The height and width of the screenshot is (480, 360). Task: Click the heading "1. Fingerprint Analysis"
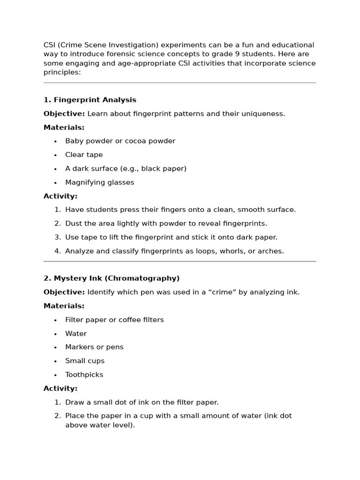click(90, 100)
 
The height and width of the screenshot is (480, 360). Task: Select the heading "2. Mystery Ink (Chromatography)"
click(111, 278)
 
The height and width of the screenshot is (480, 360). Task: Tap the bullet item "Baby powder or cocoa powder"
click(120, 141)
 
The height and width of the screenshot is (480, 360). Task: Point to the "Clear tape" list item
click(84, 155)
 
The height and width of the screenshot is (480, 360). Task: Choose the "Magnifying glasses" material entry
click(99, 182)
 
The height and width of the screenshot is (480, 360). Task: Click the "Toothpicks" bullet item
click(84, 375)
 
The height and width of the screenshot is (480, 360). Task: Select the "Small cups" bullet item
click(85, 361)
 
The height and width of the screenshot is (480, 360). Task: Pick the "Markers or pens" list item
click(94, 347)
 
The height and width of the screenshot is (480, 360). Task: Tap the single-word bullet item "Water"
click(76, 334)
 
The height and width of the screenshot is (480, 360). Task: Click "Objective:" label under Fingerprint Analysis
click(64, 114)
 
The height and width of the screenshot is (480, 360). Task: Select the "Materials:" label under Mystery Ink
click(64, 306)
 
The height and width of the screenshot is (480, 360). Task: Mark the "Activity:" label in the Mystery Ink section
click(60, 389)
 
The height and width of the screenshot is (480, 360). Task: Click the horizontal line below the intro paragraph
click(180, 83)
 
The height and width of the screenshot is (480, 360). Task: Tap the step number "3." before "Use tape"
click(58, 238)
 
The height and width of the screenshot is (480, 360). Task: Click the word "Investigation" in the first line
click(134, 45)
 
